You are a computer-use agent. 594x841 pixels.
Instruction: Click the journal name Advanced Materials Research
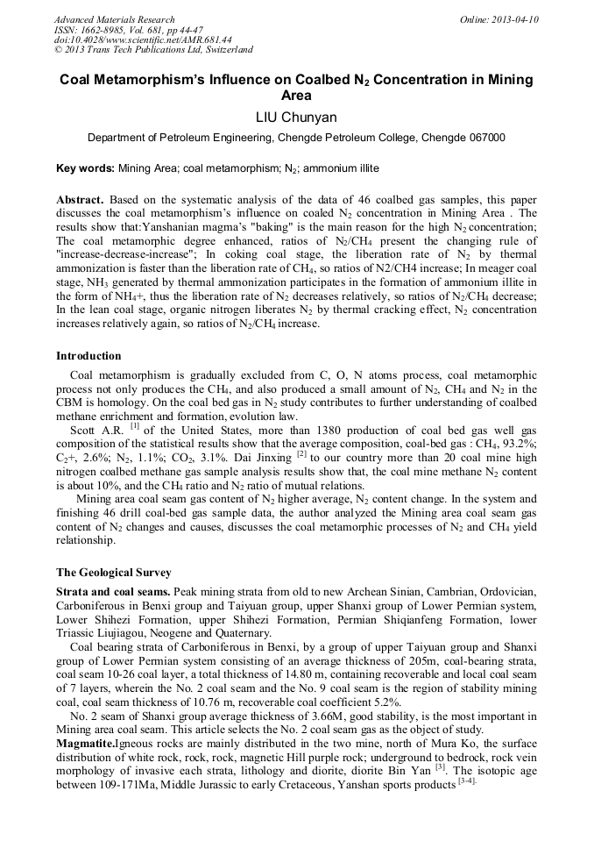tap(114, 19)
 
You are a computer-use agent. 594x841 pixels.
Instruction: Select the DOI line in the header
tap(143, 39)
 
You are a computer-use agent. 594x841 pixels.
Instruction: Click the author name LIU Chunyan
tap(296, 117)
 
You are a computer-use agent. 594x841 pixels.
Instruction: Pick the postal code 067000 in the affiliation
tap(485, 138)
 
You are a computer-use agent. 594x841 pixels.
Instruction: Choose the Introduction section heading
tap(88, 356)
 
